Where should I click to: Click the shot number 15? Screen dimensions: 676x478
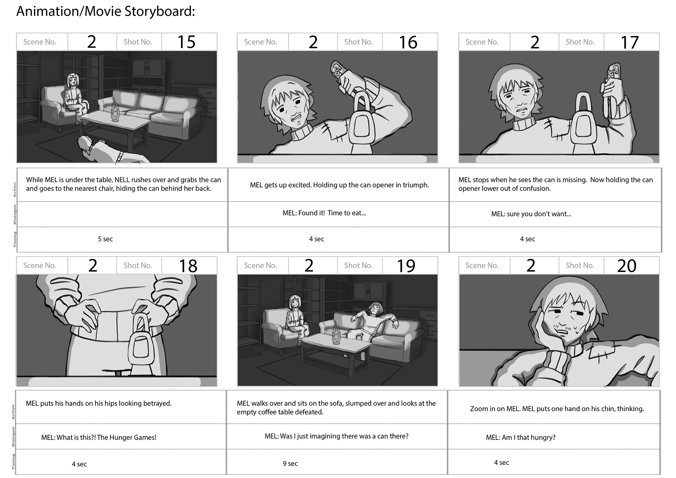[x=187, y=42]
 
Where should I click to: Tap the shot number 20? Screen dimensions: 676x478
[x=627, y=266]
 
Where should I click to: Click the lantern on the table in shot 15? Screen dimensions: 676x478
[x=115, y=112]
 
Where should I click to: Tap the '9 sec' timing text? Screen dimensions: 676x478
[x=290, y=464]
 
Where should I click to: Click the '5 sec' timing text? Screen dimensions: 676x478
[x=105, y=239]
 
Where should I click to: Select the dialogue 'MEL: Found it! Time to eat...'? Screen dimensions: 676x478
[x=324, y=213]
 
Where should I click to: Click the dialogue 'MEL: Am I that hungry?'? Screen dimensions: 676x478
[x=521, y=437]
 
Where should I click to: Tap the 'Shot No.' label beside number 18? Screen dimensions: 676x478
[x=138, y=266]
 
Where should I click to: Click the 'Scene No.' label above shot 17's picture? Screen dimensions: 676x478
[x=482, y=42]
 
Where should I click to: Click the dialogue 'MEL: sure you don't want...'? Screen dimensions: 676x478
[x=531, y=214]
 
